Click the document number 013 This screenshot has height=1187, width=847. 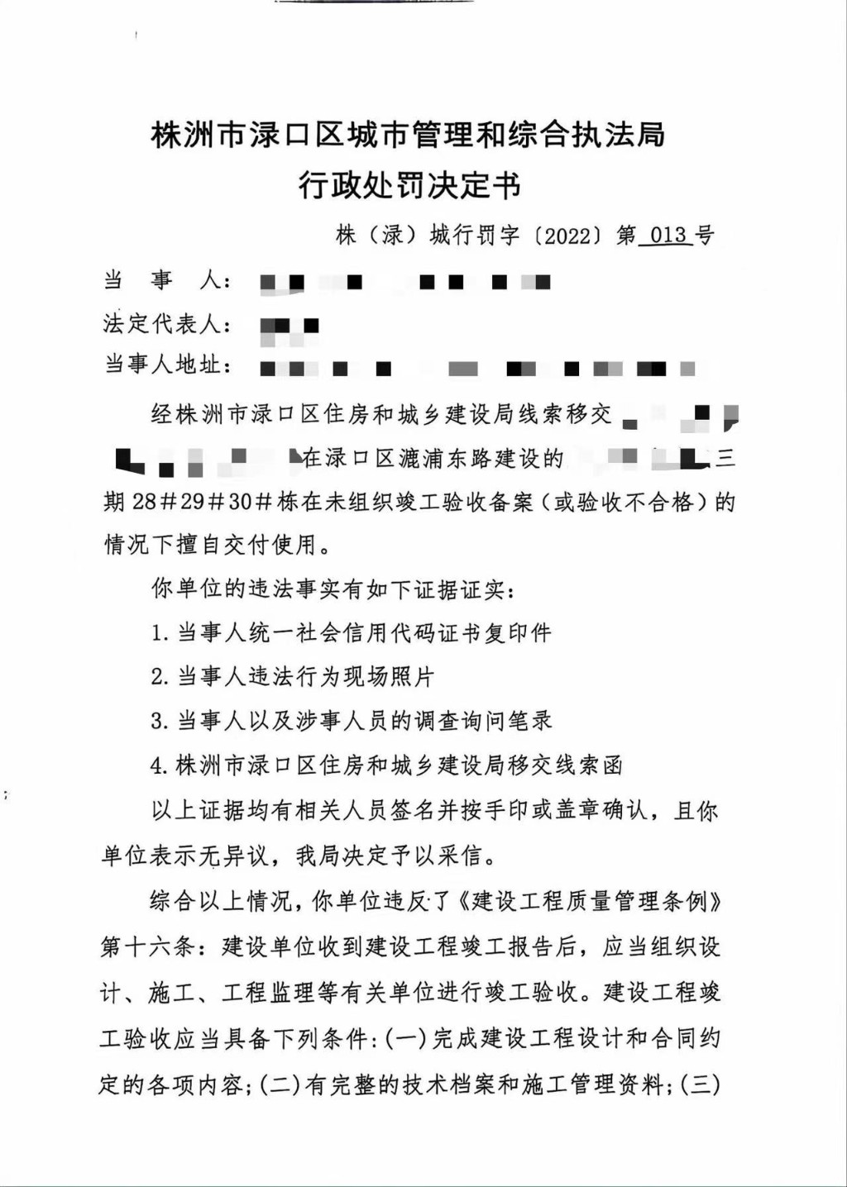pos(668,236)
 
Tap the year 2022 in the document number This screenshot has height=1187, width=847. pos(567,236)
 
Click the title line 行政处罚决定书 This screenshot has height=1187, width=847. pos(409,186)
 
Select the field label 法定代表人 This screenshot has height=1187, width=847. pos(162,324)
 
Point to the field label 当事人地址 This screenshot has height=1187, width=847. pos(162,365)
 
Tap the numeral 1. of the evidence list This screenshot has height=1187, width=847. pos(160,634)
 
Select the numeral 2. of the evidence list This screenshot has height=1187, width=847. pos(160,678)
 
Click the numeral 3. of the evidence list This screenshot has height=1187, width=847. pos(160,722)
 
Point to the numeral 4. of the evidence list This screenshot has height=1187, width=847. pos(160,766)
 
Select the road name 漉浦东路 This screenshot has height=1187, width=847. pos(446,458)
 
